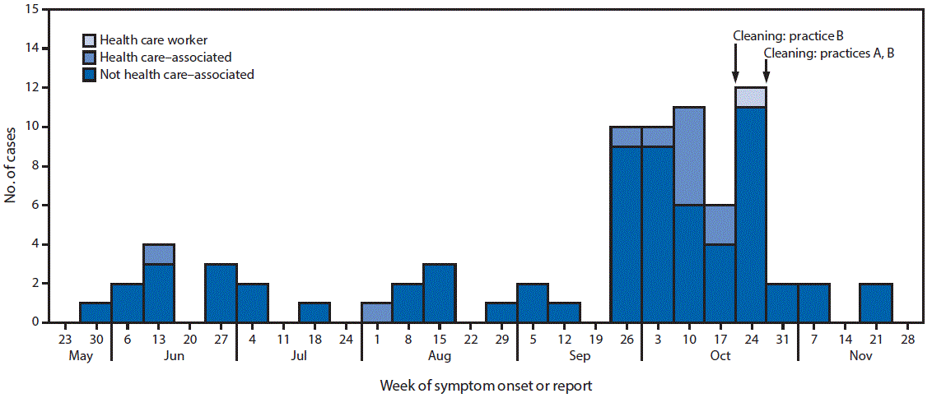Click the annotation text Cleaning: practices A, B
829,53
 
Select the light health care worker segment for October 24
751,97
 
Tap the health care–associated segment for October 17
720,224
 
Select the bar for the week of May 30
96,312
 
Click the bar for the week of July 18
315,312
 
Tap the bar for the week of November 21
875,303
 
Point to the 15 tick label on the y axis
34,10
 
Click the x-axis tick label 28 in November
906,338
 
